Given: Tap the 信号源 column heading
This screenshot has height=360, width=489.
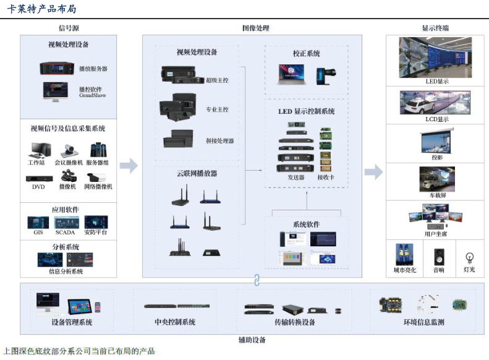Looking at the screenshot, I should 68,28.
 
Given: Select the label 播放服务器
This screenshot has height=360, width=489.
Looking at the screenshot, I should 93,69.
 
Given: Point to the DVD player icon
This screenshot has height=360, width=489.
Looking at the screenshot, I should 38,178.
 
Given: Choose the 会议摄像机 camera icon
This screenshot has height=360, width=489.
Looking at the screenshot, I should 67,150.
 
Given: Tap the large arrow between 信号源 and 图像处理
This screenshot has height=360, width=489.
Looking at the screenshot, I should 129,165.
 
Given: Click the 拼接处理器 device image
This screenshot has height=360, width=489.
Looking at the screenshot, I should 181,140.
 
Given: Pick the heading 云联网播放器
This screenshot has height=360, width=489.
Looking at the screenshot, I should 197,174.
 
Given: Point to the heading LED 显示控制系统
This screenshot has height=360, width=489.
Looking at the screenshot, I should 307,111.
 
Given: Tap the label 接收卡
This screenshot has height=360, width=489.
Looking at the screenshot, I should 326,177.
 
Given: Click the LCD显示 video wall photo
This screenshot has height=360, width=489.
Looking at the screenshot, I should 435,102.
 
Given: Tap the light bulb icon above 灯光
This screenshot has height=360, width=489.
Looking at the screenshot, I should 469,257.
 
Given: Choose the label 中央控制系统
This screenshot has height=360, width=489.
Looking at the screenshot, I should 175,322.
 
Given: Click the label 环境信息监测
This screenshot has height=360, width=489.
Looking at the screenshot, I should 423,322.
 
